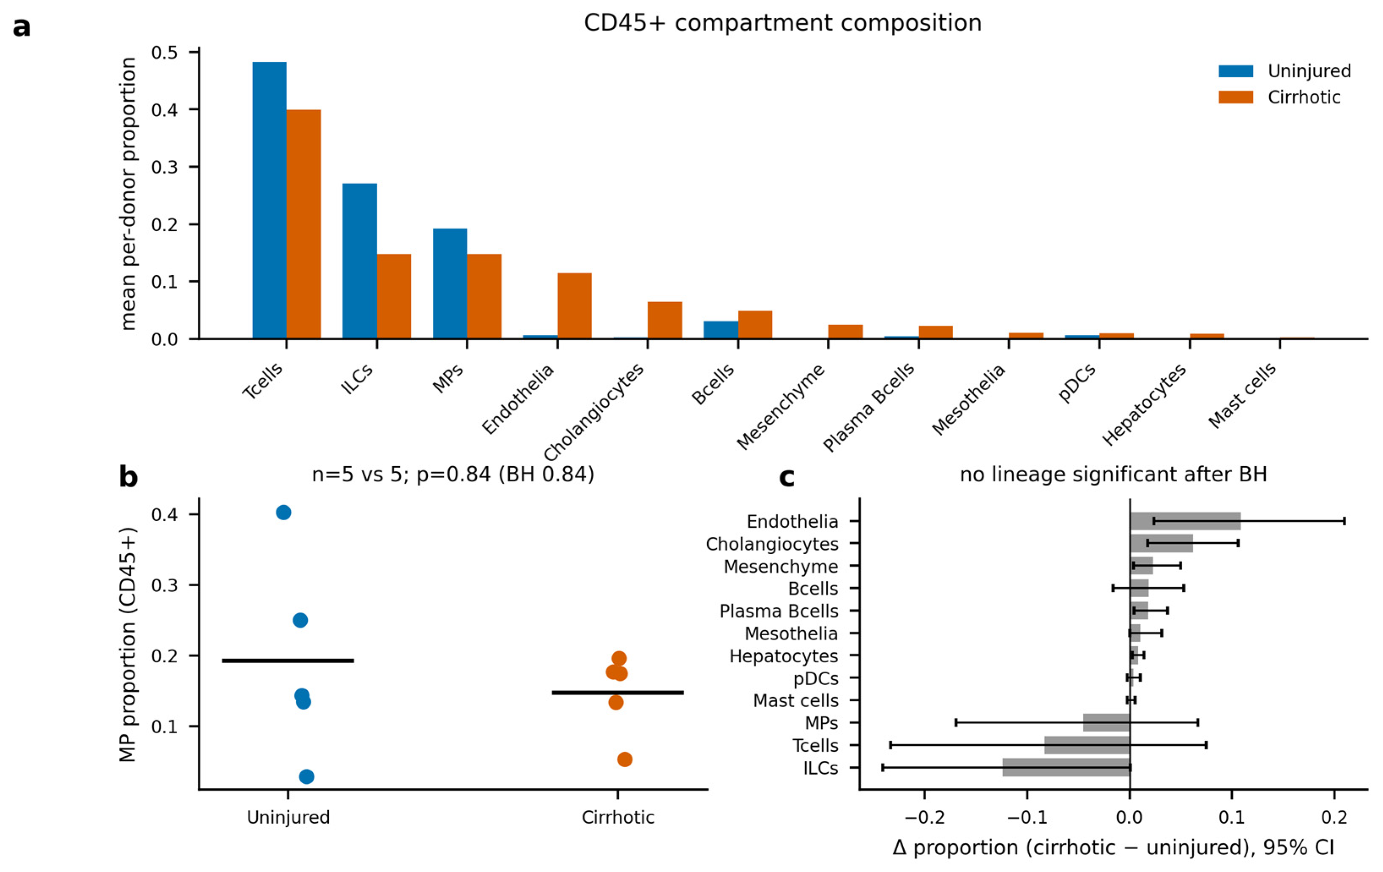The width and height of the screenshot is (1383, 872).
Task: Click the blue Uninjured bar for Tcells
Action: pos(269,200)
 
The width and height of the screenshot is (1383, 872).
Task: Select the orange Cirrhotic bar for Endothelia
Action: pos(574,306)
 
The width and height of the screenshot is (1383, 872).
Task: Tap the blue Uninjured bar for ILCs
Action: pos(360,261)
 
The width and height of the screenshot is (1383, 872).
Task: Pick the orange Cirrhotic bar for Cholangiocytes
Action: pos(664,320)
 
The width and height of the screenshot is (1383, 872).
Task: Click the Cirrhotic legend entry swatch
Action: pos(1235,97)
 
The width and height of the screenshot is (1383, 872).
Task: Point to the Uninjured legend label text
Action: pos(1309,71)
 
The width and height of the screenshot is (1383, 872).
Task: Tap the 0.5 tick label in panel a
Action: pos(165,52)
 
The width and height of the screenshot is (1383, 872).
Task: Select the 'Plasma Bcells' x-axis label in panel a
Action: pos(869,407)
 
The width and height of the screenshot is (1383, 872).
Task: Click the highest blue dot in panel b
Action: pos(284,512)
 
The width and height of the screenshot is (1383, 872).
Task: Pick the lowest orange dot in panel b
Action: pos(625,760)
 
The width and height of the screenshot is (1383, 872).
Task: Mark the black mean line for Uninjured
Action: pos(288,661)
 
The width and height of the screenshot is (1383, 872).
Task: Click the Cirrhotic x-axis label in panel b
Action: pos(618,817)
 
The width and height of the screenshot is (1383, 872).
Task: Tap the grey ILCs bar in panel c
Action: pos(1066,768)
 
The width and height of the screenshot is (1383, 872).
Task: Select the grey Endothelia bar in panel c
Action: pos(1186,521)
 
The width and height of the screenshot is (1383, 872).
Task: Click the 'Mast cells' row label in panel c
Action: pos(795,701)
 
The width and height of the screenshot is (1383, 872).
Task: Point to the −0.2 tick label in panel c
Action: pos(925,817)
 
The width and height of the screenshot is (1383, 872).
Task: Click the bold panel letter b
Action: pos(128,476)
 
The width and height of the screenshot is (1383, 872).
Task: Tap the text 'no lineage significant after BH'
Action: pos(1114,475)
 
